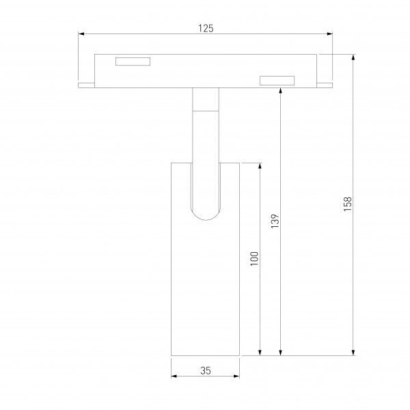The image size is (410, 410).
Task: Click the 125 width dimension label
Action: pos(206,28)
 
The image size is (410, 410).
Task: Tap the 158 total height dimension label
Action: pos(348,204)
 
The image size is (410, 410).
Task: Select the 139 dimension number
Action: pos(275,221)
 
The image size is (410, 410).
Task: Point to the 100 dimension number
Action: pos(254,258)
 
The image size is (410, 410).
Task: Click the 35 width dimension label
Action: pos(206,370)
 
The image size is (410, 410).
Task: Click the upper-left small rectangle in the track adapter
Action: pos(133,61)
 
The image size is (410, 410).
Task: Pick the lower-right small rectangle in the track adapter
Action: pos(277,81)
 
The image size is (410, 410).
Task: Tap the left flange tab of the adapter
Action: pos(86,85)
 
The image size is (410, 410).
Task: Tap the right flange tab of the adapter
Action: pos(325,85)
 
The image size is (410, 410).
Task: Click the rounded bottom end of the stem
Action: pos(206,216)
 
